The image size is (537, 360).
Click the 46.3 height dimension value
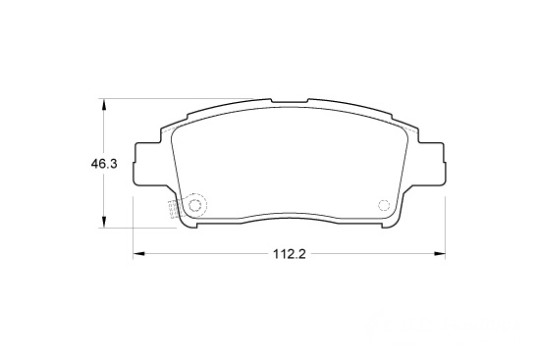(104, 164)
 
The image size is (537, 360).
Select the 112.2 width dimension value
(289, 254)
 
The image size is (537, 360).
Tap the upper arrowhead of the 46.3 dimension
(103, 104)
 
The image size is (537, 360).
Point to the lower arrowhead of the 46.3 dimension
(103, 222)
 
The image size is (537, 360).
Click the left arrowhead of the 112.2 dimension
(138, 254)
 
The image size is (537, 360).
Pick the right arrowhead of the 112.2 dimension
(440, 254)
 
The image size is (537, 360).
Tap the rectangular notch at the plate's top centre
(290, 102)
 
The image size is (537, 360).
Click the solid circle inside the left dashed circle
(194, 205)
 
